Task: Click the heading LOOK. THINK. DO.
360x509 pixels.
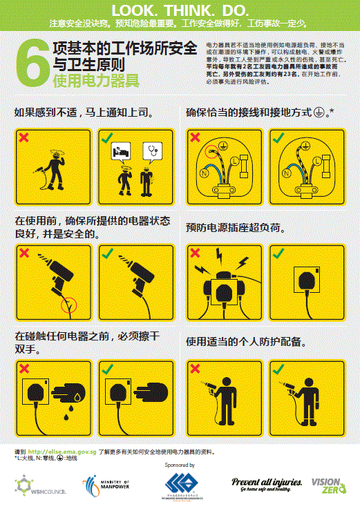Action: pyautogui.click(x=180, y=10)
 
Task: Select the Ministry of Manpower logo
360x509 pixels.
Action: pyautogui.click(x=104, y=486)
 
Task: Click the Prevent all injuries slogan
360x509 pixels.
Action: pyautogui.click(x=268, y=483)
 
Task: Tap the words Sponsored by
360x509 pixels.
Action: pyautogui.click(x=180, y=465)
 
